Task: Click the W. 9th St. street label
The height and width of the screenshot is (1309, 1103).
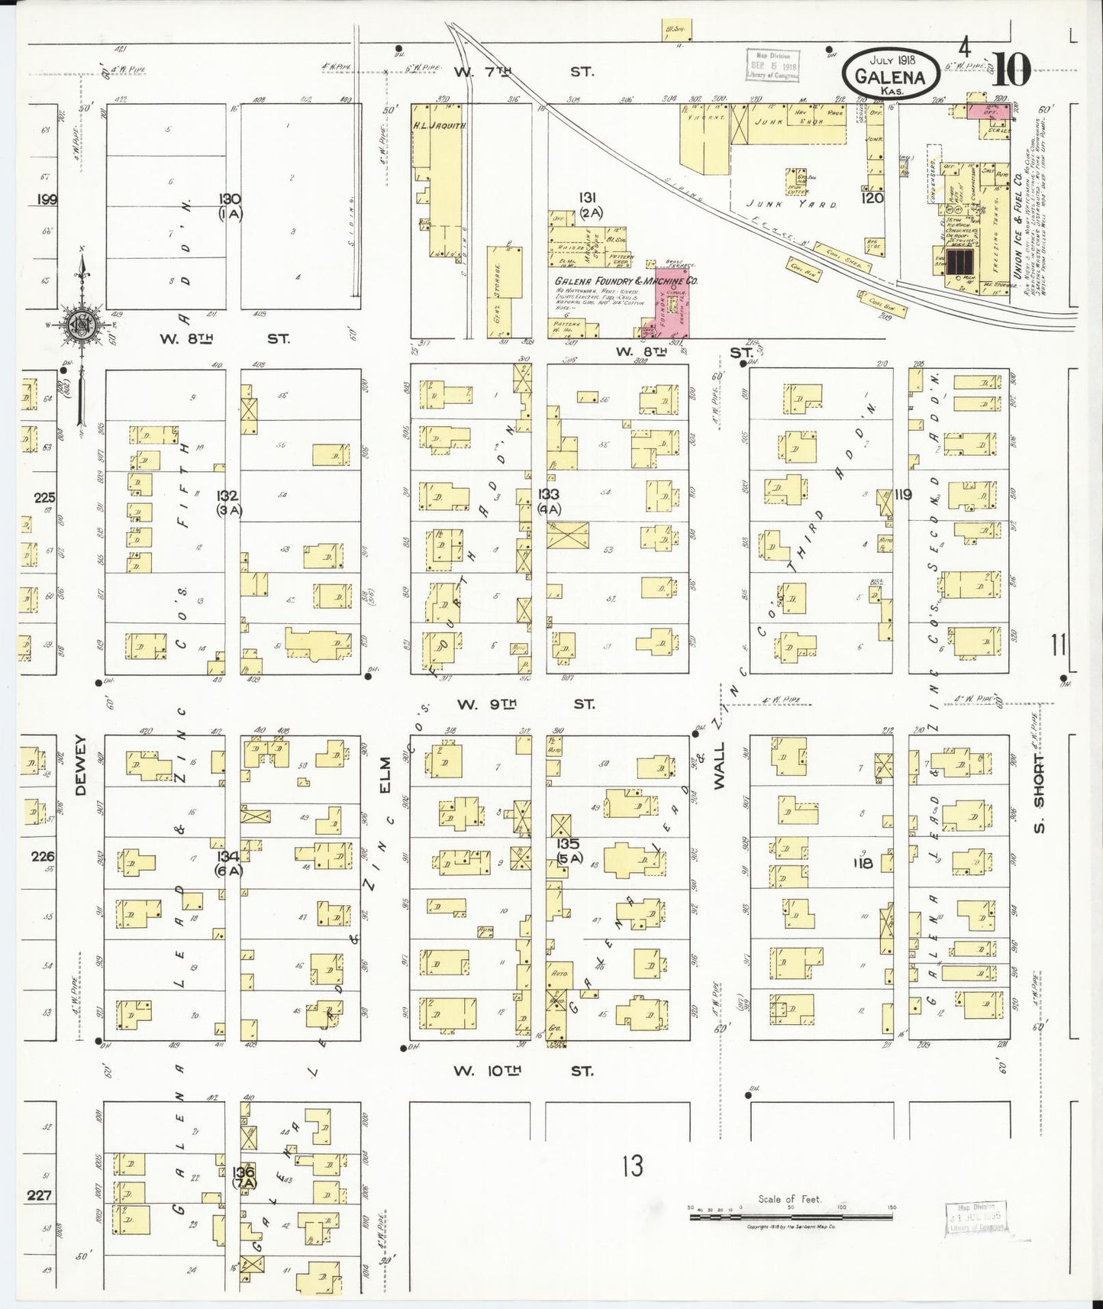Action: [525, 703]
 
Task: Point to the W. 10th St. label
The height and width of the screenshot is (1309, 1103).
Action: [523, 1071]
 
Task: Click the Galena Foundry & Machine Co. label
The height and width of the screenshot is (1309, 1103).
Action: [626, 281]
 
